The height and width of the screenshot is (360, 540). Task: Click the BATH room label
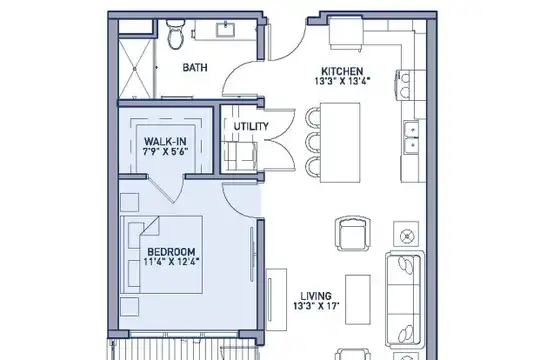click(x=195, y=67)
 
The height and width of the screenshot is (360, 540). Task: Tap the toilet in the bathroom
click(x=175, y=34)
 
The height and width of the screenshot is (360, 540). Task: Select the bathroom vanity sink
click(x=226, y=29)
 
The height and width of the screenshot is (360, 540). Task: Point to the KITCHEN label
click(x=342, y=71)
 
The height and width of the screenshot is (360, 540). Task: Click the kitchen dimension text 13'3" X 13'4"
click(x=342, y=81)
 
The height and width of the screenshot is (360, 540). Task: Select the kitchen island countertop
click(x=340, y=142)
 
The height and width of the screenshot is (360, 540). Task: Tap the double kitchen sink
click(x=412, y=137)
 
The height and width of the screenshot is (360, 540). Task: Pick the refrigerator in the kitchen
click(x=346, y=33)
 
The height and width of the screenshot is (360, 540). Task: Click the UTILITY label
click(x=251, y=126)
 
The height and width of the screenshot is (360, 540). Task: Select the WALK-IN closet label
click(x=165, y=141)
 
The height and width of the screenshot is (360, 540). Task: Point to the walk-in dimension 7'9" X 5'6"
click(x=165, y=151)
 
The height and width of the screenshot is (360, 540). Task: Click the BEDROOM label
click(x=172, y=251)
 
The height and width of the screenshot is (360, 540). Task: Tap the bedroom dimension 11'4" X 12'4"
click(x=172, y=261)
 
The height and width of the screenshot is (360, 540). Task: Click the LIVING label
click(x=316, y=296)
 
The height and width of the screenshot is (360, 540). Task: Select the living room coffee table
click(x=358, y=299)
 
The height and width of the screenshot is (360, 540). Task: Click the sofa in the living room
click(x=404, y=299)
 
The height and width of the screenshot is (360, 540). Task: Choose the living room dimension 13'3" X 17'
click(x=316, y=306)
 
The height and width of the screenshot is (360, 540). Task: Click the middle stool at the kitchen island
click(x=313, y=142)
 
